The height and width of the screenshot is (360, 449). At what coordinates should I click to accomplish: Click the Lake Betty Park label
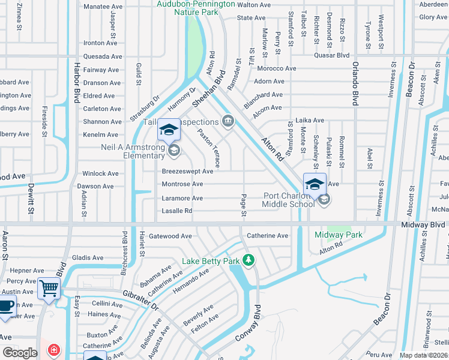(211, 261)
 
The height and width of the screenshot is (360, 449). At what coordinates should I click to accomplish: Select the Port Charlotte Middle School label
(288, 200)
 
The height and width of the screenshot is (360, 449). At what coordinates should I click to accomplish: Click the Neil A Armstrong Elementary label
(124, 151)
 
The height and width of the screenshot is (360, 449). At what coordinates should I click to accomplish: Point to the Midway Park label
(339, 235)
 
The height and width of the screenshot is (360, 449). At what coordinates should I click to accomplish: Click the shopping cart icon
(49, 288)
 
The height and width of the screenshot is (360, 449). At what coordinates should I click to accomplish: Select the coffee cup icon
(7, 305)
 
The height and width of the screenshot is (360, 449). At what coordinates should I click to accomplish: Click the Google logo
(20, 352)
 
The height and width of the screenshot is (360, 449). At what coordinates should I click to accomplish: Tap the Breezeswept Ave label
(187, 171)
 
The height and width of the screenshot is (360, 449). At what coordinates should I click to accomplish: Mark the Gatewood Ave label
(170, 236)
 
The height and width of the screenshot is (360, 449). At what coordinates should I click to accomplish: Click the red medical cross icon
(55, 349)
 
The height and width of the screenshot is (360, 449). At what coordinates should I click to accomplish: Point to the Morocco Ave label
(276, 68)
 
